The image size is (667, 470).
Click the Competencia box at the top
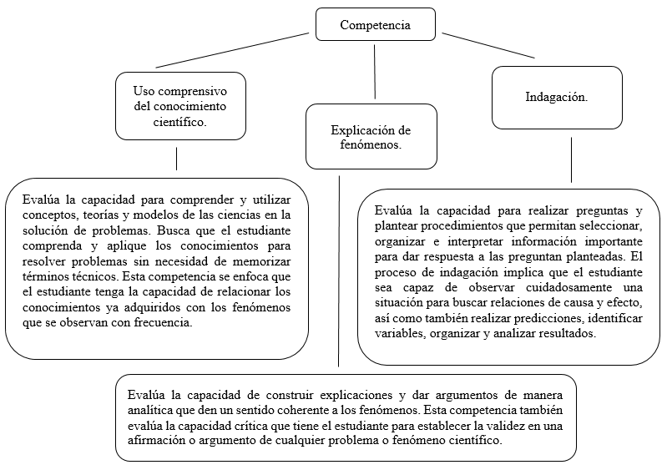pyautogui.click(x=375, y=25)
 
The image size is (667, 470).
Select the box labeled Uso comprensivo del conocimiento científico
pyautogui.click(x=180, y=105)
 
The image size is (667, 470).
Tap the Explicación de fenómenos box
pyautogui.click(x=371, y=137)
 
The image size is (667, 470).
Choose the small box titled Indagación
pyautogui.click(x=556, y=97)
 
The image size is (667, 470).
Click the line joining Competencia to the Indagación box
pyautogui.click(x=488, y=45)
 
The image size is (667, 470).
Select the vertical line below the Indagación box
pyautogui.click(x=571, y=159)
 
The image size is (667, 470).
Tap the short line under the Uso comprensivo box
pyautogui.click(x=176, y=159)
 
